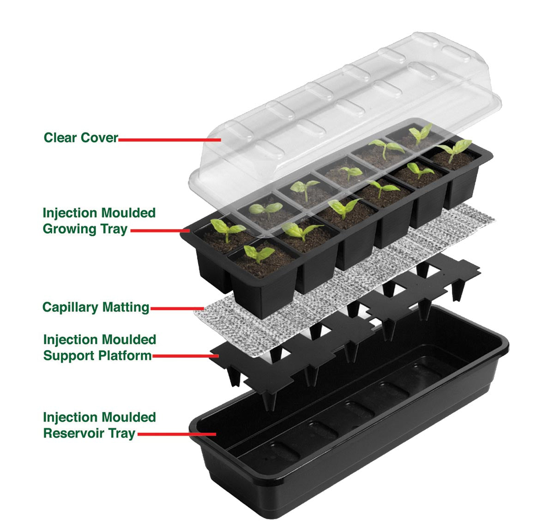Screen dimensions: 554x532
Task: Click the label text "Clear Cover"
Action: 81,137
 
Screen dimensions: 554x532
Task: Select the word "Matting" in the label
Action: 126,308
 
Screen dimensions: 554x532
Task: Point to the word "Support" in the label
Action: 69,356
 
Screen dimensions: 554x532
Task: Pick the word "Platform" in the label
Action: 125,356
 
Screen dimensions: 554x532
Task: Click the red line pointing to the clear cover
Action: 170,140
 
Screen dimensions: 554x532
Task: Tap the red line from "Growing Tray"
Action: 160,230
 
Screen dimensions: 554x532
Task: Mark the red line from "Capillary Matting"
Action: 177,308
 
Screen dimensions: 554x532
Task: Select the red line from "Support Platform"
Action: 186,356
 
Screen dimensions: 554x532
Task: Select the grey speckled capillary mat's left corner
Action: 195,313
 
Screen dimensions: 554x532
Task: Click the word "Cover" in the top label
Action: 99,137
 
